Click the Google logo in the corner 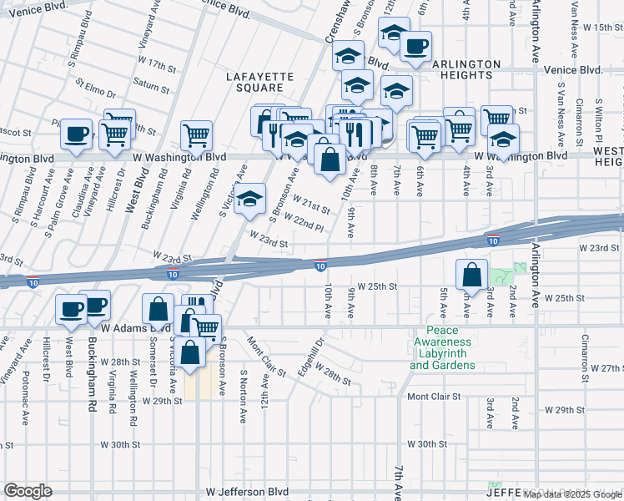(28, 491)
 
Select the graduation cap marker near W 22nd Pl (249, 200)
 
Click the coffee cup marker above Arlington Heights (415, 46)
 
